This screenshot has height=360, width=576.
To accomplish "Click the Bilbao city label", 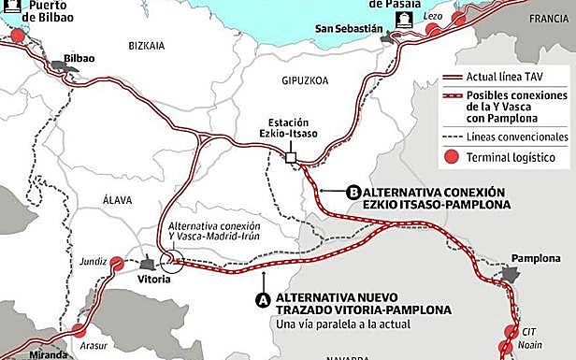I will click(x=79, y=57).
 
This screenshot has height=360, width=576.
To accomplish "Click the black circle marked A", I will click(x=263, y=299).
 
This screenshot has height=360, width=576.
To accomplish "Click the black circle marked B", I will click(x=353, y=193).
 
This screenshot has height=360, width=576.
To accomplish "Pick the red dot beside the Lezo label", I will click(x=433, y=29).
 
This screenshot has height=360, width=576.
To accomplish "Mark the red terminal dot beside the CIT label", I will click(x=511, y=331).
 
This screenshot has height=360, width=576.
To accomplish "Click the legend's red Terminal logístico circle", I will click(x=452, y=157).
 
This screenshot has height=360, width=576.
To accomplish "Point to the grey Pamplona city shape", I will click(x=510, y=273).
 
